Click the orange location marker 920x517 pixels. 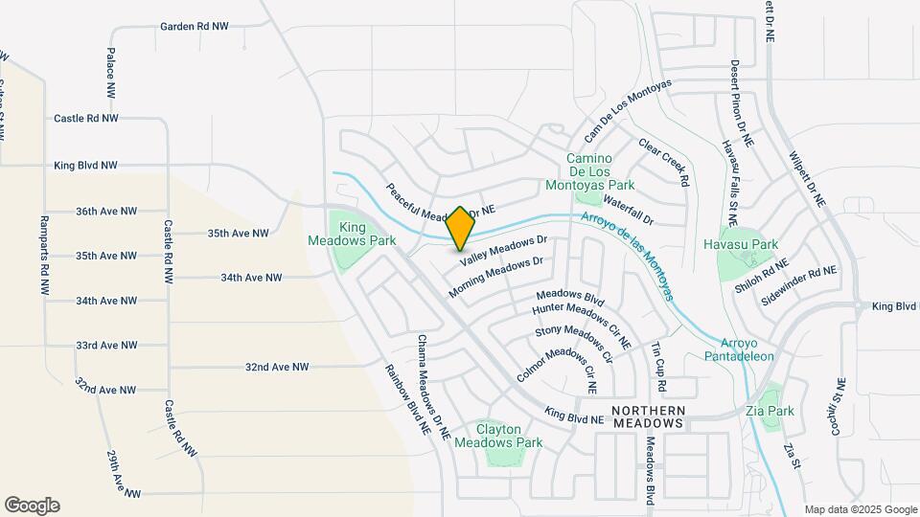[x=461, y=229]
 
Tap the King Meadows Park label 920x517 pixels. [x=352, y=234]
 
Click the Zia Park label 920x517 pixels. [x=770, y=412]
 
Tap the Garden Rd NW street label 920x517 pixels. [x=195, y=27]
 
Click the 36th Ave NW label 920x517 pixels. [x=106, y=211]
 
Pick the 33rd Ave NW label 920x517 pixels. [x=106, y=346]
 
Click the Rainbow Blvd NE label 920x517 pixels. [x=407, y=400]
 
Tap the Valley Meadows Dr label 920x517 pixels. [x=503, y=251]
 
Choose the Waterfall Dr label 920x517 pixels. [x=628, y=211]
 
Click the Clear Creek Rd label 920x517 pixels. [x=664, y=163]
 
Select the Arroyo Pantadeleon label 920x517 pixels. [x=747, y=349]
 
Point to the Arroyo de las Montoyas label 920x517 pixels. [x=637, y=255]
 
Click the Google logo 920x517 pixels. [x=32, y=506]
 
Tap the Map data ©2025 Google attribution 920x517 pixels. [x=861, y=509]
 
